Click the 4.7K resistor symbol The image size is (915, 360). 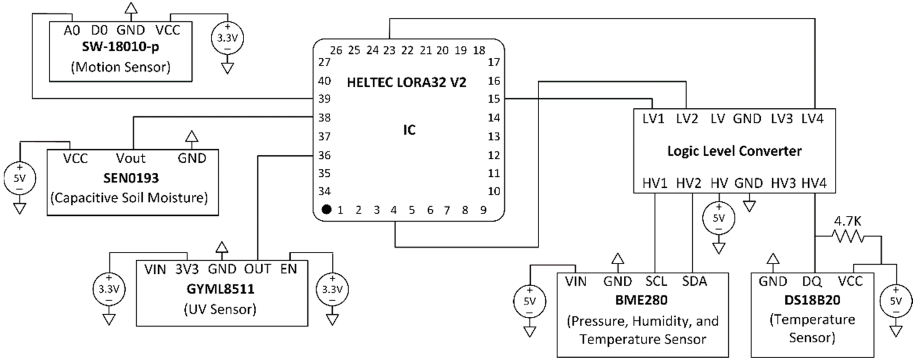pyautogui.click(x=848, y=236)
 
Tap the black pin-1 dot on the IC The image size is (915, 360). pyautogui.click(x=326, y=209)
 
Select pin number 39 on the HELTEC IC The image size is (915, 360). pyautogui.click(x=324, y=99)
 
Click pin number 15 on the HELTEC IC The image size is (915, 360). pyautogui.click(x=494, y=99)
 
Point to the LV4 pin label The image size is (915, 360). pyautogui.click(x=812, y=119)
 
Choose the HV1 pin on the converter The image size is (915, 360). pyautogui.click(x=655, y=183)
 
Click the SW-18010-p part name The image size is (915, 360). pyautogui.click(x=120, y=47)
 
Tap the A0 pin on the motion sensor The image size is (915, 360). pyautogui.click(x=72, y=30)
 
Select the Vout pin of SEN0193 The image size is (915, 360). pyautogui.click(x=131, y=158)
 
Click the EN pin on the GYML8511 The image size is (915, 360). pyautogui.click(x=289, y=269)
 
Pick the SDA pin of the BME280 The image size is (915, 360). pyautogui.click(x=694, y=281)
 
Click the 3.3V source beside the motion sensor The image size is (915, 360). pyautogui.click(x=227, y=38)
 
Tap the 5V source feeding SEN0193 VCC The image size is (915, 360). pyautogui.click(x=20, y=178)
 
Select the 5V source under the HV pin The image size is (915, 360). pyautogui.click(x=719, y=218)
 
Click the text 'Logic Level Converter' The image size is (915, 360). pyautogui.click(x=734, y=151)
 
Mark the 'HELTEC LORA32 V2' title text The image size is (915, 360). pyautogui.click(x=406, y=82)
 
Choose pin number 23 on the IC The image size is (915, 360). pyautogui.click(x=389, y=51)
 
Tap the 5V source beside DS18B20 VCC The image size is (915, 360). pyautogui.click(x=896, y=301)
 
